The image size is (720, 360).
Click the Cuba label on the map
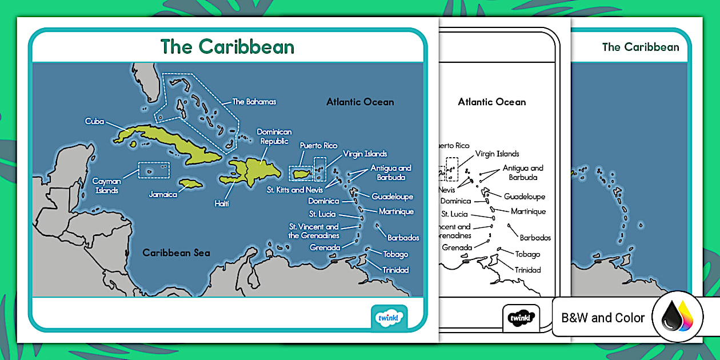(x=94, y=121)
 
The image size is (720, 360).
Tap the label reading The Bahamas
(x=254, y=102)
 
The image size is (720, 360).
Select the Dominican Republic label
(x=274, y=136)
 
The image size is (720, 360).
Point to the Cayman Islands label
(x=106, y=186)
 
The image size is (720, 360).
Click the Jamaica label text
(x=163, y=194)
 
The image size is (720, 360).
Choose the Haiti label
(x=221, y=203)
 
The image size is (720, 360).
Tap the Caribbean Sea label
(x=176, y=253)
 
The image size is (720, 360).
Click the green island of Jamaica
(x=189, y=184)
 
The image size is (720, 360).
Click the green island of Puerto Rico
(x=301, y=173)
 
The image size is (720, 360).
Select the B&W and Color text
(x=603, y=318)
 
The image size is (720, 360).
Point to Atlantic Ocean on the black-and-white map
(x=491, y=102)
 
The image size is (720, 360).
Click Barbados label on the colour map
(x=403, y=238)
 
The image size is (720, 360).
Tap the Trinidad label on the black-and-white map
(x=527, y=270)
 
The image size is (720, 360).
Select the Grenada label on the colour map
(x=325, y=247)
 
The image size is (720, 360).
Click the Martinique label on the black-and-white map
(x=528, y=211)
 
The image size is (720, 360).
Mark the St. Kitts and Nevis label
(x=294, y=190)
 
